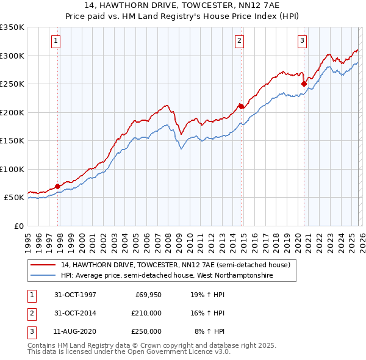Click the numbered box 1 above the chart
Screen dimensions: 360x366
(x=56, y=41)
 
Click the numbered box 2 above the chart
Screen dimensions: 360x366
(x=239, y=41)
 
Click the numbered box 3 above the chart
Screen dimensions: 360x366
(x=302, y=41)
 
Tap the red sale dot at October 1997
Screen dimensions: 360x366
(x=58, y=186)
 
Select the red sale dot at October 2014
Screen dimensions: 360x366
(x=241, y=106)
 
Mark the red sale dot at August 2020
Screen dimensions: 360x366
(x=304, y=84)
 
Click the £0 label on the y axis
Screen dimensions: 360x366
(x=18, y=226)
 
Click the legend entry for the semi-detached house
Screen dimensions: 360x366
(x=179, y=265)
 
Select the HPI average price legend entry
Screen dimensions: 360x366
(x=167, y=276)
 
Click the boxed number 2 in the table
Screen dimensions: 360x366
(x=30, y=313)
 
